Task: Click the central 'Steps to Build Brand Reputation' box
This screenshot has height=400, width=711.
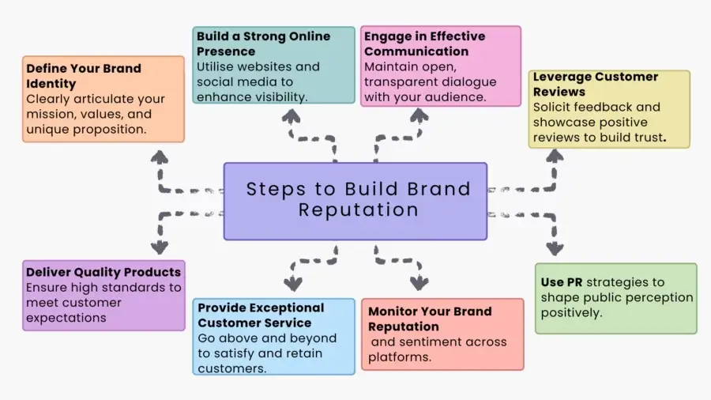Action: tap(355, 202)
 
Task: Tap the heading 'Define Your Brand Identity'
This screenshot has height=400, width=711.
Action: tap(84, 76)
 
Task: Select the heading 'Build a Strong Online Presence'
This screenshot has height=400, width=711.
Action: tap(263, 43)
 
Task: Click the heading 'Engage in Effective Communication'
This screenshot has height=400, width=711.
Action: tap(424, 43)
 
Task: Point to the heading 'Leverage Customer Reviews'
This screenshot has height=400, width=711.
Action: tap(596, 84)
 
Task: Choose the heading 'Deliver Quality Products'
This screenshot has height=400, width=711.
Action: tap(103, 272)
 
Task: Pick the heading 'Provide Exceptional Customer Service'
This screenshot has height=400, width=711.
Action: tap(261, 315)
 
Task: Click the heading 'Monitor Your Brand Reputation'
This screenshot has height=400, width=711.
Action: tap(430, 319)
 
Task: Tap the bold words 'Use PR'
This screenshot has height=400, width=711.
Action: tap(562, 282)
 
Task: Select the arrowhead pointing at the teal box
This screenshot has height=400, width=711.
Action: tap(291, 116)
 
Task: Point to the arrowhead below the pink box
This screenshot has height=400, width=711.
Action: tap(419, 115)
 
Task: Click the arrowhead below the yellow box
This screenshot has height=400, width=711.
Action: tap(555, 156)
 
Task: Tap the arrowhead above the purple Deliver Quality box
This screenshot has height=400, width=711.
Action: tap(160, 247)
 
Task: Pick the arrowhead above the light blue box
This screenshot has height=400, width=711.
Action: tap(293, 284)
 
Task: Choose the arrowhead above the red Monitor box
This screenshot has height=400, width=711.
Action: tap(419, 283)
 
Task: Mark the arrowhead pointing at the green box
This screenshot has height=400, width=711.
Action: tap(555, 248)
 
